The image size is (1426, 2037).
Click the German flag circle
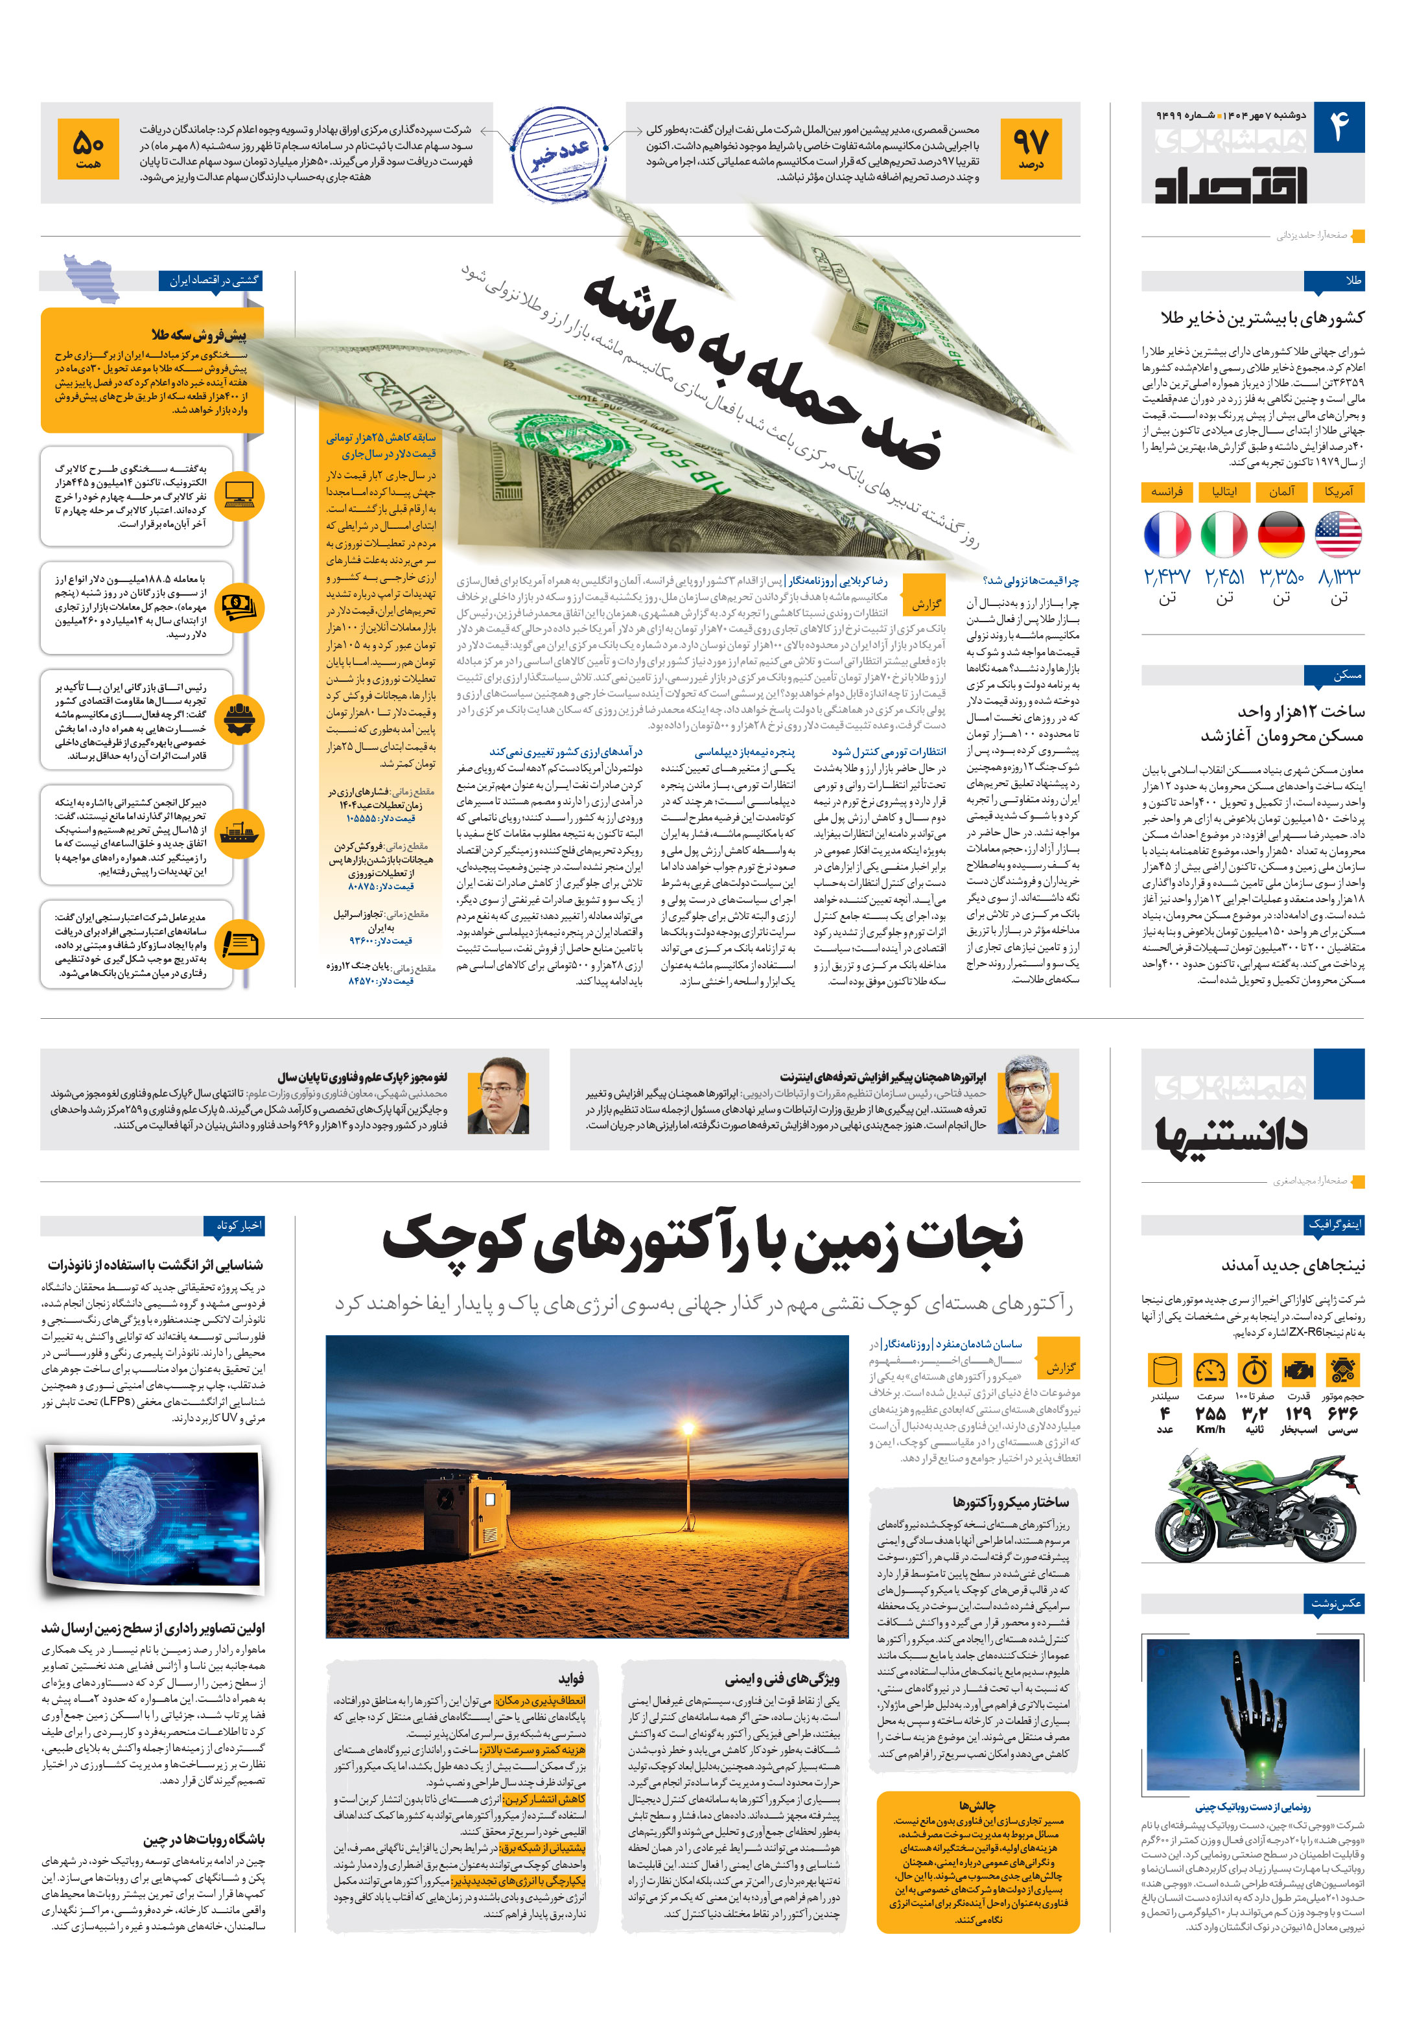pyautogui.click(x=1280, y=535)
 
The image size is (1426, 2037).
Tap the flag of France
pyautogui.click(x=1167, y=535)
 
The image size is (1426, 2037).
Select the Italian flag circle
pyautogui.click(x=1224, y=535)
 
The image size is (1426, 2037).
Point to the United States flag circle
pyautogui.click(x=1337, y=535)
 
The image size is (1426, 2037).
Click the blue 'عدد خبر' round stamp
pyautogui.click(x=558, y=152)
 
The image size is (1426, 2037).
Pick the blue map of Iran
pyautogui.click(x=91, y=277)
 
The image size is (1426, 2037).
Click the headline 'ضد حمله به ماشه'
pyautogui.click(x=763, y=373)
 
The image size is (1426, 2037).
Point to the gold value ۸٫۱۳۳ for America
pyautogui.click(x=1338, y=577)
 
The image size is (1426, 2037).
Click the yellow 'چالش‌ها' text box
pyautogui.click(x=977, y=1862)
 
